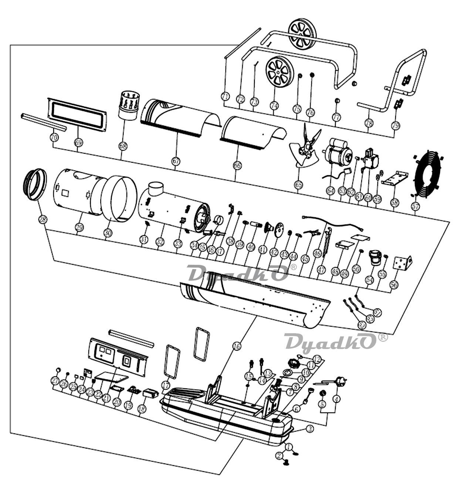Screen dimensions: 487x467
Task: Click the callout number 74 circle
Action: click(x=274, y=105)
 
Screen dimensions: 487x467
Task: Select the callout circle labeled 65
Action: click(x=298, y=184)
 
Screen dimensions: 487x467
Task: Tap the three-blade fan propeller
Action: click(x=305, y=148)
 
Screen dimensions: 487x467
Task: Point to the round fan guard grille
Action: click(x=428, y=173)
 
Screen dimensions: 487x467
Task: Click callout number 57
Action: click(x=415, y=205)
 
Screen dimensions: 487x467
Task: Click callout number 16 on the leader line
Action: click(x=237, y=346)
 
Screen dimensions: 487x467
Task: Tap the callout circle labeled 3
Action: click(x=310, y=429)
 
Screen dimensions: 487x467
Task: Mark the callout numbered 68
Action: click(x=123, y=146)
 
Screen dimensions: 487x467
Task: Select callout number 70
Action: click(x=54, y=137)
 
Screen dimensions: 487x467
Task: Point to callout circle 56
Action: click(x=394, y=284)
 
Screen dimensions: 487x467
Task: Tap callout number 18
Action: click(x=141, y=409)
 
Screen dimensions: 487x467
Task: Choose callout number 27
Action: click(x=55, y=381)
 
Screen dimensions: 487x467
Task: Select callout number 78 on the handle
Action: click(x=369, y=123)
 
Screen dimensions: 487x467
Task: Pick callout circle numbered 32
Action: click(x=159, y=242)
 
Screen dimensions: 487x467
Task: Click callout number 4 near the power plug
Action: click(x=336, y=399)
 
